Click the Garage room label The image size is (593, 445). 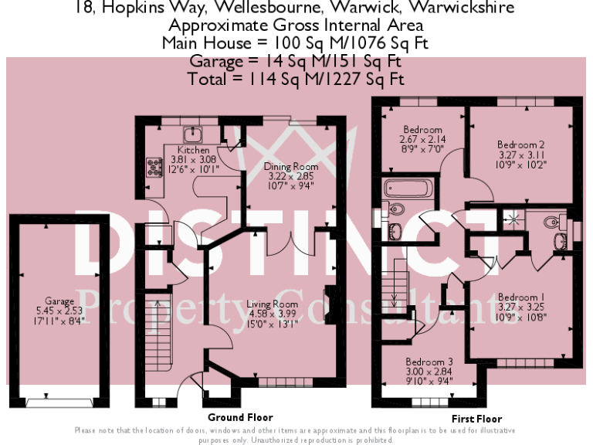[59, 301]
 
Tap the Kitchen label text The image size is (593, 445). [193, 150]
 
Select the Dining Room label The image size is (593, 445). [291, 167]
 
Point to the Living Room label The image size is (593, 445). [272, 304]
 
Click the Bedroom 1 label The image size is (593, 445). [521, 297]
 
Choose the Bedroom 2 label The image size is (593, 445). [521, 144]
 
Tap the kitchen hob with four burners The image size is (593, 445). [149, 167]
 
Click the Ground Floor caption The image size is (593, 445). [239, 417]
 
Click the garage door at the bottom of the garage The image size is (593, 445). [59, 402]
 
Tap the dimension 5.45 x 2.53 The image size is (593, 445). [59, 311]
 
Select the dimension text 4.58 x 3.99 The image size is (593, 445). [272, 314]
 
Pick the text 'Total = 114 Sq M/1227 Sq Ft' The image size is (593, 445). [296, 79]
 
